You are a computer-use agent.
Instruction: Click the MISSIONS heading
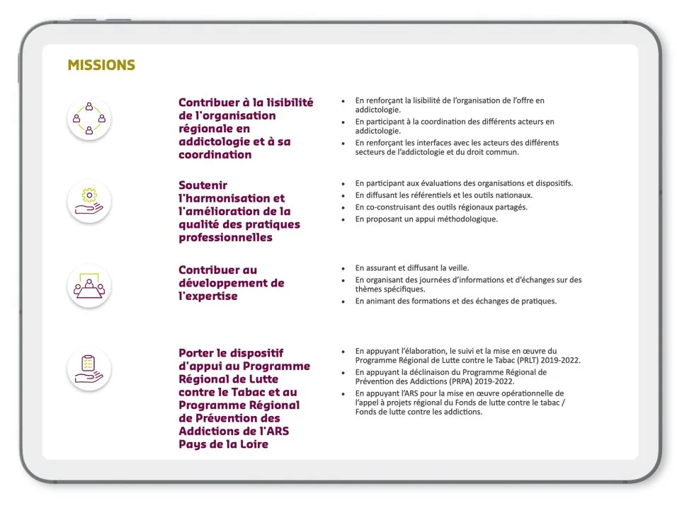pyautogui.click(x=101, y=66)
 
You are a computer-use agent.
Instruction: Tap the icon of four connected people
pyautogui.click(x=89, y=118)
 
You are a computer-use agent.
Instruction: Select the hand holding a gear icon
pyautogui.click(x=89, y=201)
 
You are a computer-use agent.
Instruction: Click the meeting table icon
pyautogui.click(x=89, y=286)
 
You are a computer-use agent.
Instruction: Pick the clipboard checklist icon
pyautogui.click(x=89, y=369)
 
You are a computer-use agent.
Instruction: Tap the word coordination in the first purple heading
pyautogui.click(x=215, y=154)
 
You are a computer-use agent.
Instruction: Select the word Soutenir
pyautogui.click(x=202, y=185)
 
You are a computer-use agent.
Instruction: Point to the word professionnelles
pyautogui.click(x=225, y=238)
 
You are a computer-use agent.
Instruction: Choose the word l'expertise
pyautogui.click(x=207, y=296)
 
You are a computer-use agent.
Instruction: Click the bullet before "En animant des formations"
pyautogui.click(x=343, y=301)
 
